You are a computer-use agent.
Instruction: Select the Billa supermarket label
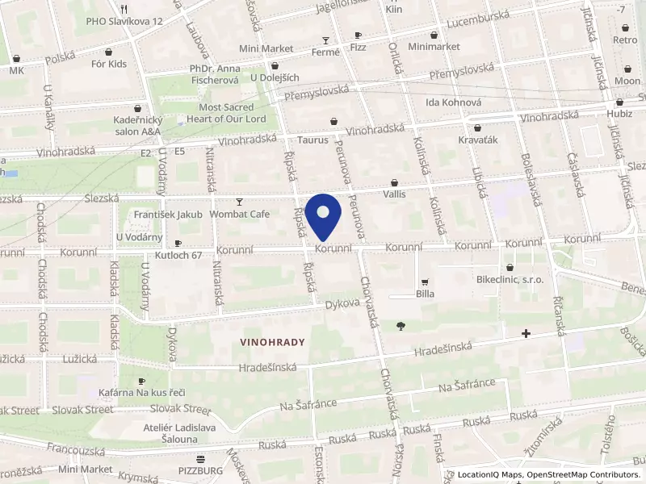[x=425, y=294]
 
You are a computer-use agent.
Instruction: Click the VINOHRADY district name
[x=272, y=342]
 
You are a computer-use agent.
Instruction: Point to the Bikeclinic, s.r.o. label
[x=510, y=279]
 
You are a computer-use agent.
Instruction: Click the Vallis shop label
[x=394, y=194]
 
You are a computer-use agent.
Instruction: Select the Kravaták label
[x=477, y=140]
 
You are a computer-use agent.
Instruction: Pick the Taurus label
[x=312, y=140]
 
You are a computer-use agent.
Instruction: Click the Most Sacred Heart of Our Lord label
[x=233, y=113]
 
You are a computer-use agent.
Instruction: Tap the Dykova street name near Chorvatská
[x=341, y=306]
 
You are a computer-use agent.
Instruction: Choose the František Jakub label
[x=157, y=215]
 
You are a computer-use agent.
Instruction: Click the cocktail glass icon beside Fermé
[x=326, y=40]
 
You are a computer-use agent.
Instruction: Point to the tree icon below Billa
[x=401, y=326]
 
